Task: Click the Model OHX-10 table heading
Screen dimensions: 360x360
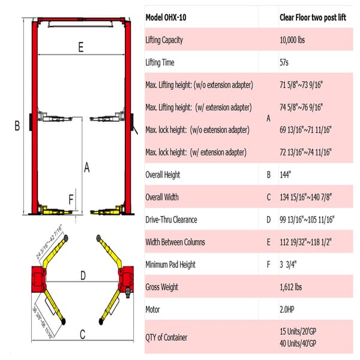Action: click(166, 17)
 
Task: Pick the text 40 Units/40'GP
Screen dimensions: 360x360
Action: click(303, 343)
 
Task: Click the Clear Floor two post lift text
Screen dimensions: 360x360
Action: click(313, 17)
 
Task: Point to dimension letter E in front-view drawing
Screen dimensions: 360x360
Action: click(80, 49)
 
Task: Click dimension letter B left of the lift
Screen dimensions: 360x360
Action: click(17, 125)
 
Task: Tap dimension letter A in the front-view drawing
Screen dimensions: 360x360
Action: click(87, 168)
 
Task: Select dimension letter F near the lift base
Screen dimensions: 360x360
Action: click(71, 199)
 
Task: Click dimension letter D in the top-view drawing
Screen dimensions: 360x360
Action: click(83, 275)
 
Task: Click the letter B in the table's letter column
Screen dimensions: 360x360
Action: click(268, 175)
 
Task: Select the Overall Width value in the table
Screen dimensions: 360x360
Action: click(306, 197)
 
